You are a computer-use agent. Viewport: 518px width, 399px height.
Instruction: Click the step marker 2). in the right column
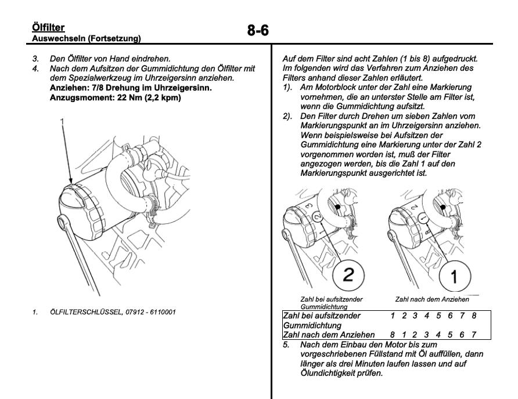pyautogui.click(x=285, y=100)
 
